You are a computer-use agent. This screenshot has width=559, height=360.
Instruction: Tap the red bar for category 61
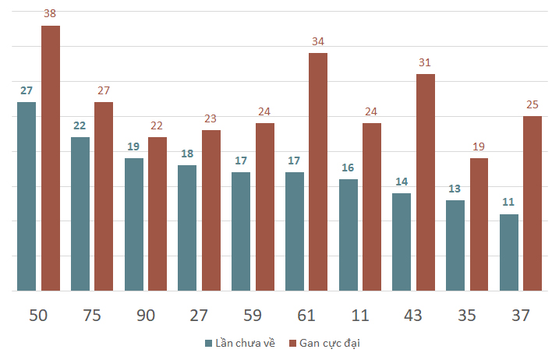click(318, 171)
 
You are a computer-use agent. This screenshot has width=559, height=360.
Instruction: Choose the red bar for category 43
click(425, 182)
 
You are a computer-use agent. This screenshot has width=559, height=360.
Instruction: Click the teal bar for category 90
click(133, 224)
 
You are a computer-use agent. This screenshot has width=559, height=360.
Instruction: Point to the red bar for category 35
click(479, 224)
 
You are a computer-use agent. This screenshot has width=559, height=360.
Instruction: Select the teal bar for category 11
click(348, 235)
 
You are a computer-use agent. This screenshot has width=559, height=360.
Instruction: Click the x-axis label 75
click(92, 315)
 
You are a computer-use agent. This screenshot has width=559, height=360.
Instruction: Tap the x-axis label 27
click(199, 315)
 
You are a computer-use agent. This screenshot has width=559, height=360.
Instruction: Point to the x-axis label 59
click(253, 315)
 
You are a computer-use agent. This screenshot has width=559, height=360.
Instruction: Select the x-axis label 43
click(413, 315)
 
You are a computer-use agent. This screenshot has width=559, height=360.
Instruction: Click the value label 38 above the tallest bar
click(51, 14)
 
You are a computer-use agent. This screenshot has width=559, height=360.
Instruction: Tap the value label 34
click(318, 41)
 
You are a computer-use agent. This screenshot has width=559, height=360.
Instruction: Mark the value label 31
click(425, 62)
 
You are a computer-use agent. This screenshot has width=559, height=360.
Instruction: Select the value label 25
click(532, 104)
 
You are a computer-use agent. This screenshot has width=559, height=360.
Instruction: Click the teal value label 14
click(402, 182)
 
